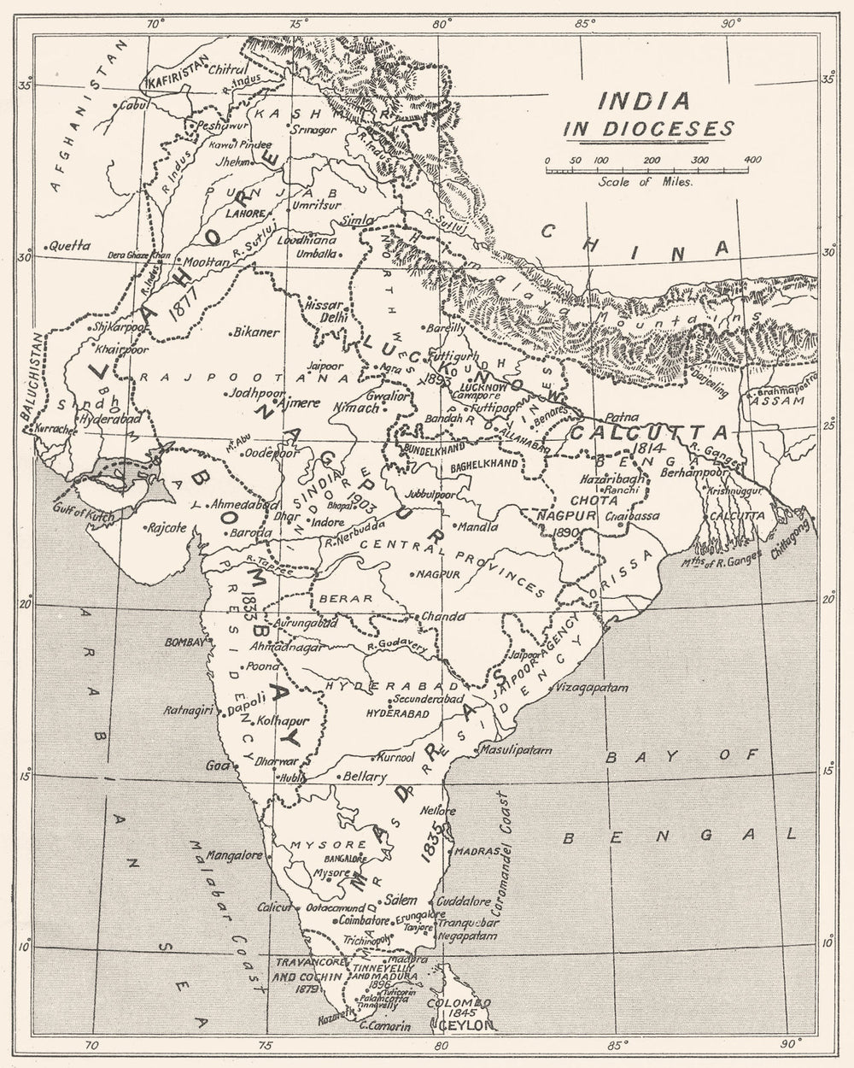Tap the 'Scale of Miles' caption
coord(646,181)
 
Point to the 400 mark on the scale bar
coord(752,161)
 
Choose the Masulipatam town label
coord(517,749)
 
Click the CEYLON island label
coord(468,1024)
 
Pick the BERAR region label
coord(345,599)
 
